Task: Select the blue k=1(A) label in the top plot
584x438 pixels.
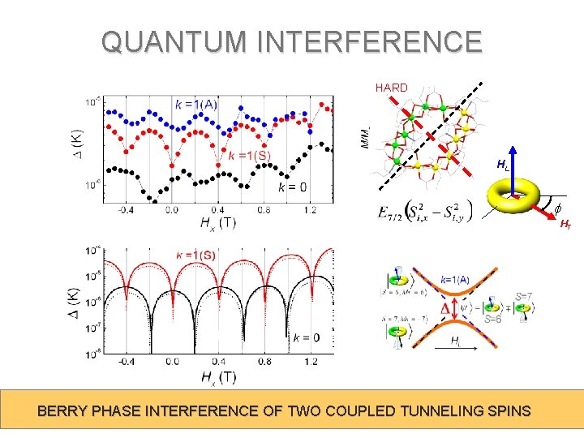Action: pos(195,104)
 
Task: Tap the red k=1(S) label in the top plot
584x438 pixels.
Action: pos(250,156)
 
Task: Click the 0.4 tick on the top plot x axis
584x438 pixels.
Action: pos(219,209)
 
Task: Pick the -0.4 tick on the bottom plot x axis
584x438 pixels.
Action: pos(125,361)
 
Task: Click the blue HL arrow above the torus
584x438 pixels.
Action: pos(513,166)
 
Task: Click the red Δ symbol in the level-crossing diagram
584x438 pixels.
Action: pos(444,309)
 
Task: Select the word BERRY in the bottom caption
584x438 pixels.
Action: pos(64,411)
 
